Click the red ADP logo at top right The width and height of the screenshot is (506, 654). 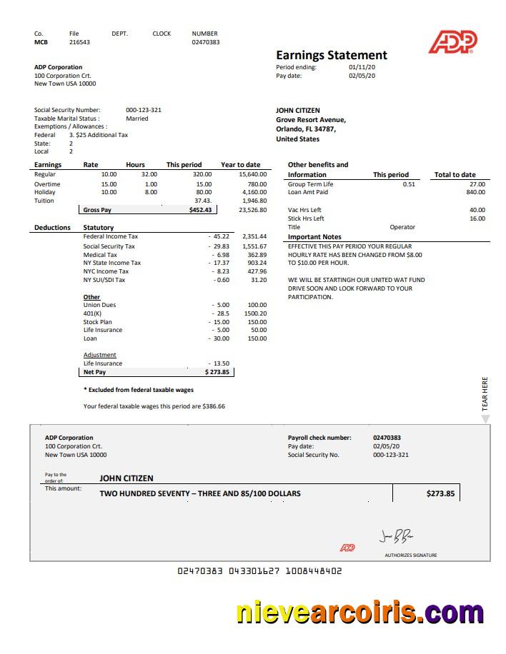(452, 42)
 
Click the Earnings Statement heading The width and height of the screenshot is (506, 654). (332, 55)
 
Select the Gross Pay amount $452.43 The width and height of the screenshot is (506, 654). (200, 210)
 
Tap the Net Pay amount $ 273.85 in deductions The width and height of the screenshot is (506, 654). (217, 372)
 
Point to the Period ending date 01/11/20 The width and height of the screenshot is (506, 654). (361, 67)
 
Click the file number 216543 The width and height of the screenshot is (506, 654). (79, 42)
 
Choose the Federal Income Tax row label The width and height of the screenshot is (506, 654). (111, 236)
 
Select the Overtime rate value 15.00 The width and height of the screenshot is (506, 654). (109, 184)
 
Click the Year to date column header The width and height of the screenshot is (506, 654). (241, 165)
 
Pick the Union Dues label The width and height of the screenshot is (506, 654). (99, 305)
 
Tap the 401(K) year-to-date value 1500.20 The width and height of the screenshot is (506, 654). (255, 313)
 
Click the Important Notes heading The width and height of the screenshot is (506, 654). (314, 237)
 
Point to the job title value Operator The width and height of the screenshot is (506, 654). (402, 227)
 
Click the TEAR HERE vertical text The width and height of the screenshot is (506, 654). (485, 393)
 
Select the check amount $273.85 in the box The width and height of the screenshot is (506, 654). (440, 493)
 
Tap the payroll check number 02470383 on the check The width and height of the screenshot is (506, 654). (387, 438)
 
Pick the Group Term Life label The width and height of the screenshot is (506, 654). (310, 184)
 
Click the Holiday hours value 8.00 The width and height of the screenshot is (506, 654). (151, 192)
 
